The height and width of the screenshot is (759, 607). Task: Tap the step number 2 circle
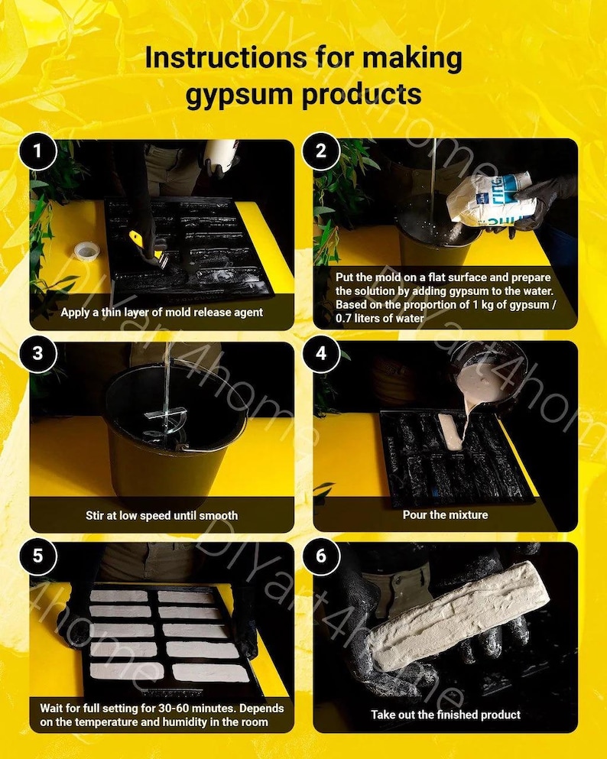(320, 151)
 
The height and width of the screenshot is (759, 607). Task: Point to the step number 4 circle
(320, 353)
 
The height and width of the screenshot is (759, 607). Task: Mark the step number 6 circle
(320, 556)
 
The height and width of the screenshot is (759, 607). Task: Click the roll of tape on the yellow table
(86, 251)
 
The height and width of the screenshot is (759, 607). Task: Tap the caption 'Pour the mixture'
(445, 515)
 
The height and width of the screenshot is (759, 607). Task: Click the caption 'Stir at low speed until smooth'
(161, 515)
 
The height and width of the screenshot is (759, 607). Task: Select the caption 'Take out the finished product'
(445, 715)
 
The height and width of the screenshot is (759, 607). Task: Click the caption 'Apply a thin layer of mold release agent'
(161, 312)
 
